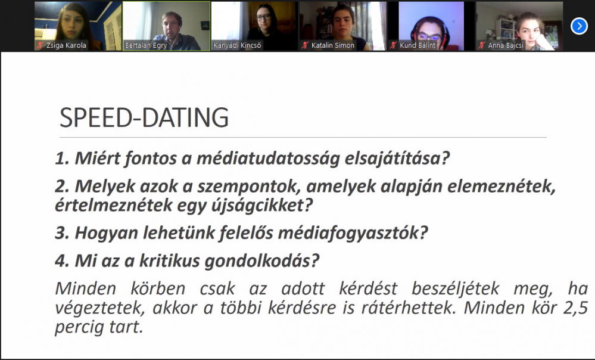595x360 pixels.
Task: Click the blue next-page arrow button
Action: pos(579,26)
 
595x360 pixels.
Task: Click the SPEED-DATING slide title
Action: pos(144,117)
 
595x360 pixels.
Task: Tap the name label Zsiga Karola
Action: pos(66,45)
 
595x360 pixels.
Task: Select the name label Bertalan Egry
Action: pos(146,45)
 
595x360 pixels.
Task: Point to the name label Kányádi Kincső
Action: pos(237,45)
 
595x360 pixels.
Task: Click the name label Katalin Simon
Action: pos(333,45)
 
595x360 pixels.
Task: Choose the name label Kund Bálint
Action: pos(418,45)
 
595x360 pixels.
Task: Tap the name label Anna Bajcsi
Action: pos(506,45)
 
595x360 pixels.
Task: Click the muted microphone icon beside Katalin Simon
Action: pos(305,45)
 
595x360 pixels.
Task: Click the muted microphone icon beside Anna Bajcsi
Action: pos(482,45)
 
